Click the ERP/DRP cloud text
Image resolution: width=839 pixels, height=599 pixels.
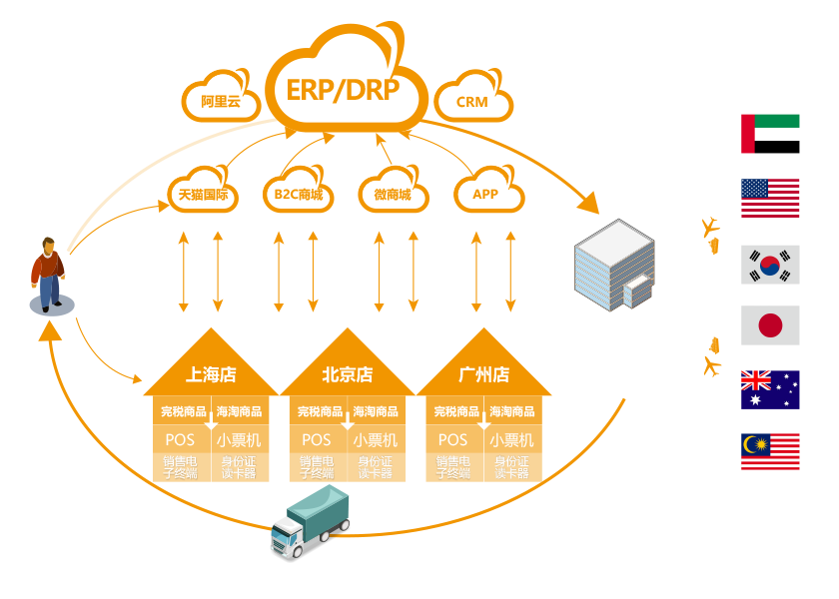click(x=343, y=90)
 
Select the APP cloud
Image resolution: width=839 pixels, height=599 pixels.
click(x=485, y=194)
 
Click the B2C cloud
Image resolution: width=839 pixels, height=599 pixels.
click(x=298, y=194)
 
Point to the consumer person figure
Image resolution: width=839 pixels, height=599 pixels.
click(x=47, y=274)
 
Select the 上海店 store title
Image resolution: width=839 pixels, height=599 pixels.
click(x=211, y=375)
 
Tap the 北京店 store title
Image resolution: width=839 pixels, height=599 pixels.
click(x=347, y=375)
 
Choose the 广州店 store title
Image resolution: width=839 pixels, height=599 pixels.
click(x=483, y=375)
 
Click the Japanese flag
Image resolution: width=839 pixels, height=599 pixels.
click(x=770, y=325)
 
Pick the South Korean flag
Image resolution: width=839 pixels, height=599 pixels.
click(x=770, y=265)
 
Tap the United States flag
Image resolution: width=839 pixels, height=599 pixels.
click(x=770, y=199)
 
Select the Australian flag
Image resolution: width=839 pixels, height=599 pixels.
click(x=770, y=389)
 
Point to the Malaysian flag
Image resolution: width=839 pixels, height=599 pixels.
click(x=770, y=452)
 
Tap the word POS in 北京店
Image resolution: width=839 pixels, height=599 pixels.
click(x=317, y=440)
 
